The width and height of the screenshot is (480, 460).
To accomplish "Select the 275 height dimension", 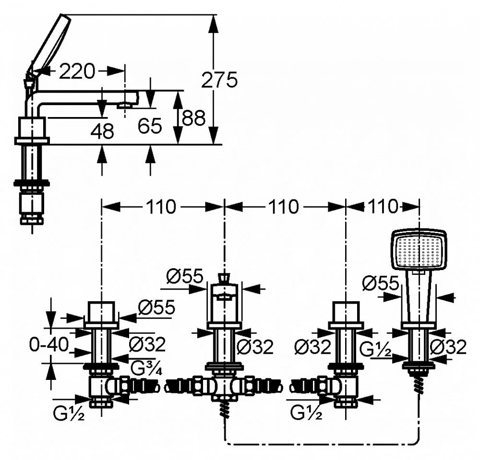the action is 219,80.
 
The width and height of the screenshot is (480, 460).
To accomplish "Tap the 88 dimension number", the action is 193,118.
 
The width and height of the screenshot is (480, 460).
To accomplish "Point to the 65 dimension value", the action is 149,126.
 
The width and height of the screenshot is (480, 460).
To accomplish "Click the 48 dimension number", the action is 103,131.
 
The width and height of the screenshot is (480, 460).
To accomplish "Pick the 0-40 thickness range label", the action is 49,345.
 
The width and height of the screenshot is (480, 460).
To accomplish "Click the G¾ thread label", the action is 146,368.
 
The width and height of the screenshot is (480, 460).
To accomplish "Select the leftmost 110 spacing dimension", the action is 161,206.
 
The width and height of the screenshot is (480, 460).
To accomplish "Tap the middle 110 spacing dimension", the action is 284,206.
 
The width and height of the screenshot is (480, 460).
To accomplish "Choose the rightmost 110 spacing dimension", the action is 383,206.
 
